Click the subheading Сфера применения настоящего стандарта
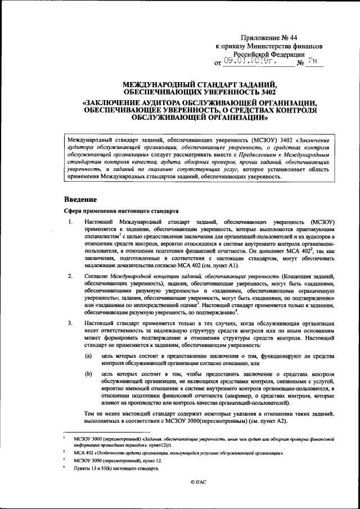pos(120,211)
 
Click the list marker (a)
pos(89,356)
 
